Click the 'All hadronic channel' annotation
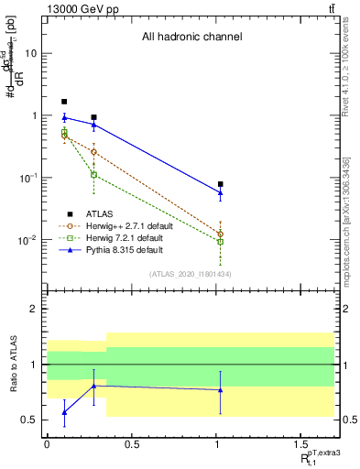tap(191, 38)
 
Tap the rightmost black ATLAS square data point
tap(220, 184)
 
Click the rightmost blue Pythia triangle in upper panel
tap(220, 192)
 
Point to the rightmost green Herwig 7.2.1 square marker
tap(220, 242)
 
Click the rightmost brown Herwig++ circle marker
tap(220, 234)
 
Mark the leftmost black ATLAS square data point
tap(64, 102)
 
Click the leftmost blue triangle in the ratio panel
tap(64, 412)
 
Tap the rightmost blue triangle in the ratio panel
tap(220, 390)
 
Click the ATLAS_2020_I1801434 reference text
tap(191, 274)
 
